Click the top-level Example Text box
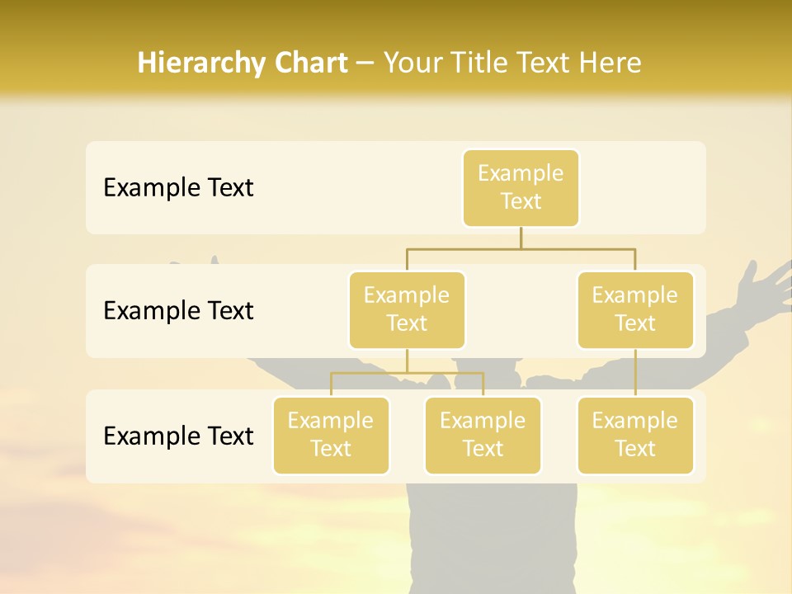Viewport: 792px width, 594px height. click(521, 187)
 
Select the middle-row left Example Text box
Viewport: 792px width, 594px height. click(407, 309)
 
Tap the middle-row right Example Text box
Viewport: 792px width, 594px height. click(634, 309)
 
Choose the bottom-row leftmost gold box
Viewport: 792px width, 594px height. click(331, 435)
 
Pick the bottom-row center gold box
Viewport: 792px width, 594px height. click(483, 435)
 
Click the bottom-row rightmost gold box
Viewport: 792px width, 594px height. click(634, 435)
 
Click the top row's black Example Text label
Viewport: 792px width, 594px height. click(178, 188)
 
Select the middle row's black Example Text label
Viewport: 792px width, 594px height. click(178, 311)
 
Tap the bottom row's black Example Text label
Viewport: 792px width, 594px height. click(178, 436)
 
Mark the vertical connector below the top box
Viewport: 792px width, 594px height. click(521, 238)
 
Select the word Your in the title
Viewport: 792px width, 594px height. click(411, 64)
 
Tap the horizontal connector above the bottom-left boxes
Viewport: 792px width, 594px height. click(407, 373)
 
